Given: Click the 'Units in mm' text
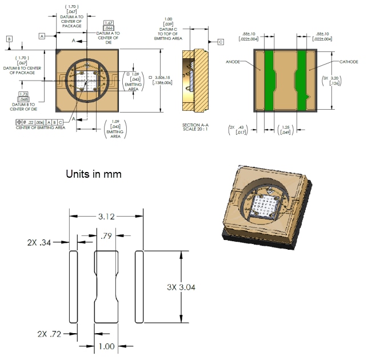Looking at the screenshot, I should pyautogui.click(x=94, y=174).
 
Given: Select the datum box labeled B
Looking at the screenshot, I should pyautogui.click(x=9, y=38).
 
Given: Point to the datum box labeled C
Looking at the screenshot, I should pyautogui.click(x=221, y=42).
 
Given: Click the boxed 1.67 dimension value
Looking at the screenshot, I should pyautogui.click(x=108, y=26).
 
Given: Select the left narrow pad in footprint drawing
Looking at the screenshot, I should pyautogui.click(x=73, y=286).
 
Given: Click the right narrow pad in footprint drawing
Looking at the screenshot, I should pyautogui.click(x=139, y=286).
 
